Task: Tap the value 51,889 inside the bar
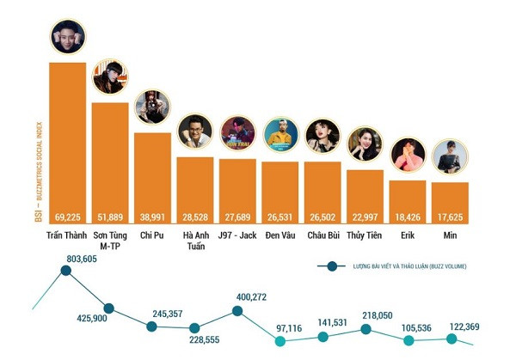pos(109,217)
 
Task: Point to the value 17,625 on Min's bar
pos(450,217)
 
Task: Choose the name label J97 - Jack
pos(237,234)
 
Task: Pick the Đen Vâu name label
pos(280,234)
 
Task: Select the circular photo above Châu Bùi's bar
pos(322,136)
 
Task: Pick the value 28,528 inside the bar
pos(194,217)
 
